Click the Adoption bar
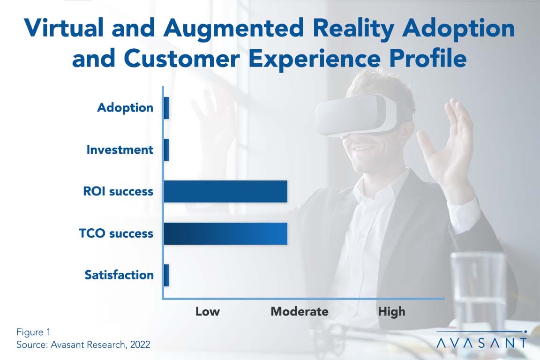166,108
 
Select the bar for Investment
166,150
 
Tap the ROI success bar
225,192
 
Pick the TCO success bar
225,233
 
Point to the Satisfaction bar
166,275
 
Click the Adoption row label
125,108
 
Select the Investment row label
120,150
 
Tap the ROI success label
118,191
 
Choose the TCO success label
116,233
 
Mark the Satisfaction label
119,275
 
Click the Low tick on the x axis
207,311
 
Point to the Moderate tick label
300,311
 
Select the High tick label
391,312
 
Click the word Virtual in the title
64,28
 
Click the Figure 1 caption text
33,332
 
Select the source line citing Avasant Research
83,345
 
